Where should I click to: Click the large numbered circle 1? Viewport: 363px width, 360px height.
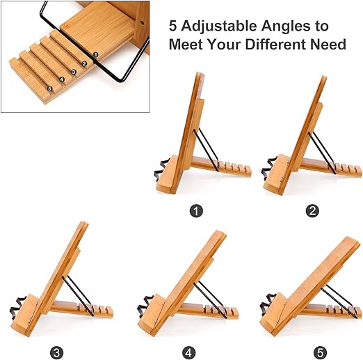coord(196,211)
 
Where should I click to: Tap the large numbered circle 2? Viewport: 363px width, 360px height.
coord(312,211)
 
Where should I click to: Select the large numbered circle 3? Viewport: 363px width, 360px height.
coord(56,353)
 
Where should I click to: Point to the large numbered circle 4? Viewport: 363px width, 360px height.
coord(188,353)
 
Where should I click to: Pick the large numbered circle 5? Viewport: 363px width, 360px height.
coord(320,353)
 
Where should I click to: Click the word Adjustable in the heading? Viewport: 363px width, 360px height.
coord(219,26)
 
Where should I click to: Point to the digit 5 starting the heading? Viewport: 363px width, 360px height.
coord(173,26)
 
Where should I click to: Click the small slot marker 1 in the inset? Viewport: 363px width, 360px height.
coord(95,55)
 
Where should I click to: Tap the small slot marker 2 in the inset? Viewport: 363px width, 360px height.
coord(84,63)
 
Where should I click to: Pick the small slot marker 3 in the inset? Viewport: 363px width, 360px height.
coord(74,72)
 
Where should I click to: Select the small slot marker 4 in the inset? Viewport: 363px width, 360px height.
coord(62,79)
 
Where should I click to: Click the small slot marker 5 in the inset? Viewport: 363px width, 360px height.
coord(49,88)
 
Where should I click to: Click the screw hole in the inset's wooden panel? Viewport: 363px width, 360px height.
coord(141,23)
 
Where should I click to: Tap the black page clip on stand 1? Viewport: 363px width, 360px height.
coord(161,169)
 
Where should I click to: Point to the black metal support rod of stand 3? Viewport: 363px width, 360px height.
coord(78,296)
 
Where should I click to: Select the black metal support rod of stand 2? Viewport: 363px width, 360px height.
coord(323,153)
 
